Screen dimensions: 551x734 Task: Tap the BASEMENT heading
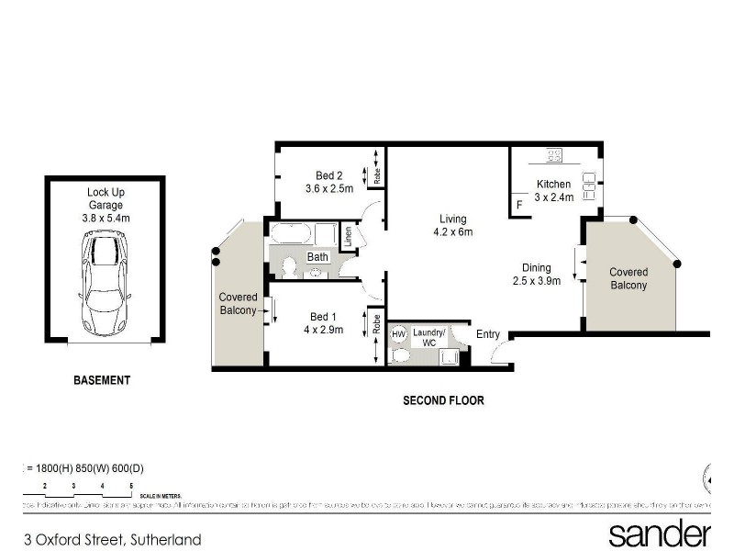(103, 380)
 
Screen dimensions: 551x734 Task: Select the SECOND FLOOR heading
(443, 400)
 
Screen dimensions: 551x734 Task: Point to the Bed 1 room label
(324, 323)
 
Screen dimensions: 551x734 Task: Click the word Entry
(488, 334)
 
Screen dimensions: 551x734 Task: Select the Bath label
(317, 257)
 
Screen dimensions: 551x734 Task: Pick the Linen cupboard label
(348, 238)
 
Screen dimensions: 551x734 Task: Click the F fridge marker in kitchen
(519, 205)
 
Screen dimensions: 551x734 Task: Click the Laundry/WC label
(429, 337)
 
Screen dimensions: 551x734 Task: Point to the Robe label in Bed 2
(378, 173)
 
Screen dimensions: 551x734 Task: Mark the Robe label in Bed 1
(377, 324)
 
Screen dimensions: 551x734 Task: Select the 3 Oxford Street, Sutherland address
(113, 540)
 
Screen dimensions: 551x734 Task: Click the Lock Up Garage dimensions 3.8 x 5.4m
(105, 219)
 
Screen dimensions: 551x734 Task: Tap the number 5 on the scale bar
(132, 484)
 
